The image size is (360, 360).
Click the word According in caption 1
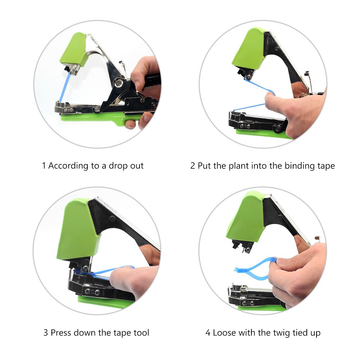68,166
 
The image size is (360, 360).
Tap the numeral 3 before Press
46,333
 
